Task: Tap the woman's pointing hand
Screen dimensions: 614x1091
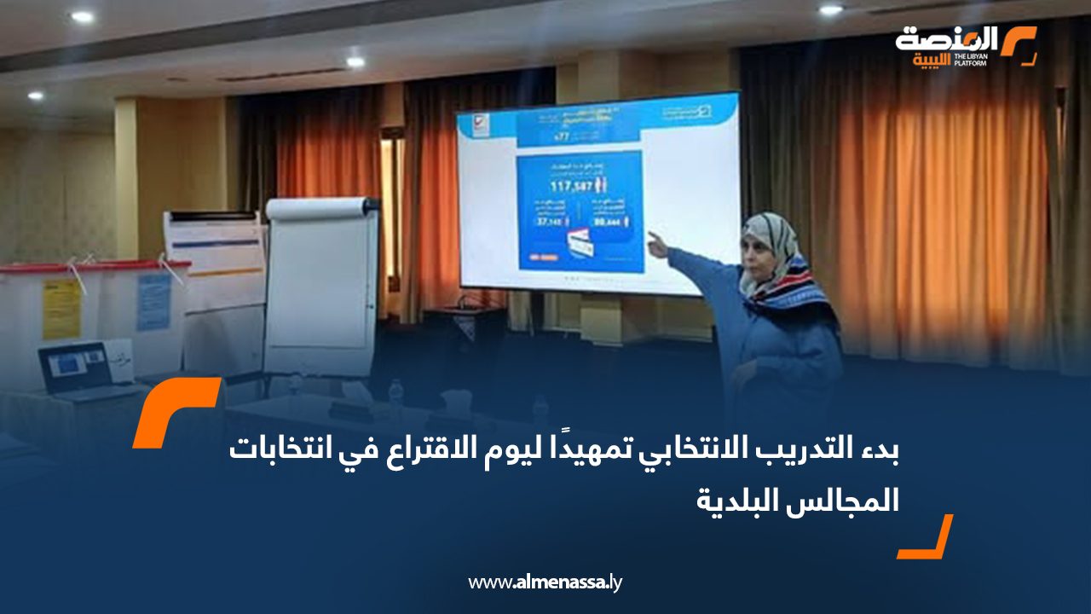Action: (x=657, y=244)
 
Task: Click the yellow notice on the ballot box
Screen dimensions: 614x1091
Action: (x=61, y=309)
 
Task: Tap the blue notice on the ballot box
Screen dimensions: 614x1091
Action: (x=153, y=302)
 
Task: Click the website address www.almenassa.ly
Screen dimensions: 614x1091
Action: (x=545, y=582)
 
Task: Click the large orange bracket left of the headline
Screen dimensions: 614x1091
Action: (x=175, y=412)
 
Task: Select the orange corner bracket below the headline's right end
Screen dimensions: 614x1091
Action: (x=926, y=538)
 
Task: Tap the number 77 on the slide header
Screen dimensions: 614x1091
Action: (x=560, y=135)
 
